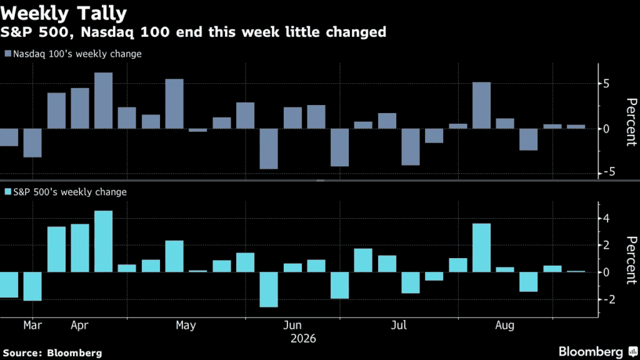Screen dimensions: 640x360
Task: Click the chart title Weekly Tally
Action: [x=64, y=13]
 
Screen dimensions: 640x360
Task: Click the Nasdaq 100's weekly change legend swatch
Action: [x=7, y=54]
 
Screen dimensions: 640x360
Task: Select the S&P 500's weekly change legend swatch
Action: [x=7, y=191]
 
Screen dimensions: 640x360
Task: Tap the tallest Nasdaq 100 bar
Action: [x=103, y=101]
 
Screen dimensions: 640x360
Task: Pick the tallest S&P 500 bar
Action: [x=103, y=241]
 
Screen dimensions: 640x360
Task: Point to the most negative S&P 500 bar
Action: [x=269, y=289]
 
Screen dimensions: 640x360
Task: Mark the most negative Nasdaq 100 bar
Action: [x=269, y=149]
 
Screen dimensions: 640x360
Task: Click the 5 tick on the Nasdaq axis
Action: [x=606, y=84]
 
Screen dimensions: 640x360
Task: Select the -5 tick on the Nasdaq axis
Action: [x=608, y=172]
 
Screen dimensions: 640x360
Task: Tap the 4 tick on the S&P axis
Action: [x=606, y=218]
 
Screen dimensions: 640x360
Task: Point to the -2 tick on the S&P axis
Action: [x=608, y=299]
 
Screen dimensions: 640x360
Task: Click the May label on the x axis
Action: [x=186, y=325]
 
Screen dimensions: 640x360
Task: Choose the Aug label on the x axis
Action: [x=504, y=325]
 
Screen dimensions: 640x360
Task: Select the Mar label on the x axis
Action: [x=32, y=325]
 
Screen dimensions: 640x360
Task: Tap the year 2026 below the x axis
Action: [x=303, y=338]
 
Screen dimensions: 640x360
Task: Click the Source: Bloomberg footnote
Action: [x=52, y=352]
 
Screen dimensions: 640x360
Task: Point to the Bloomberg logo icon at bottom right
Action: [x=633, y=351]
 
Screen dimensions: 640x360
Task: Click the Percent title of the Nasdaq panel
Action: [x=631, y=122]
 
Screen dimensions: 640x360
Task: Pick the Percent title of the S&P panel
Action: [x=631, y=260]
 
